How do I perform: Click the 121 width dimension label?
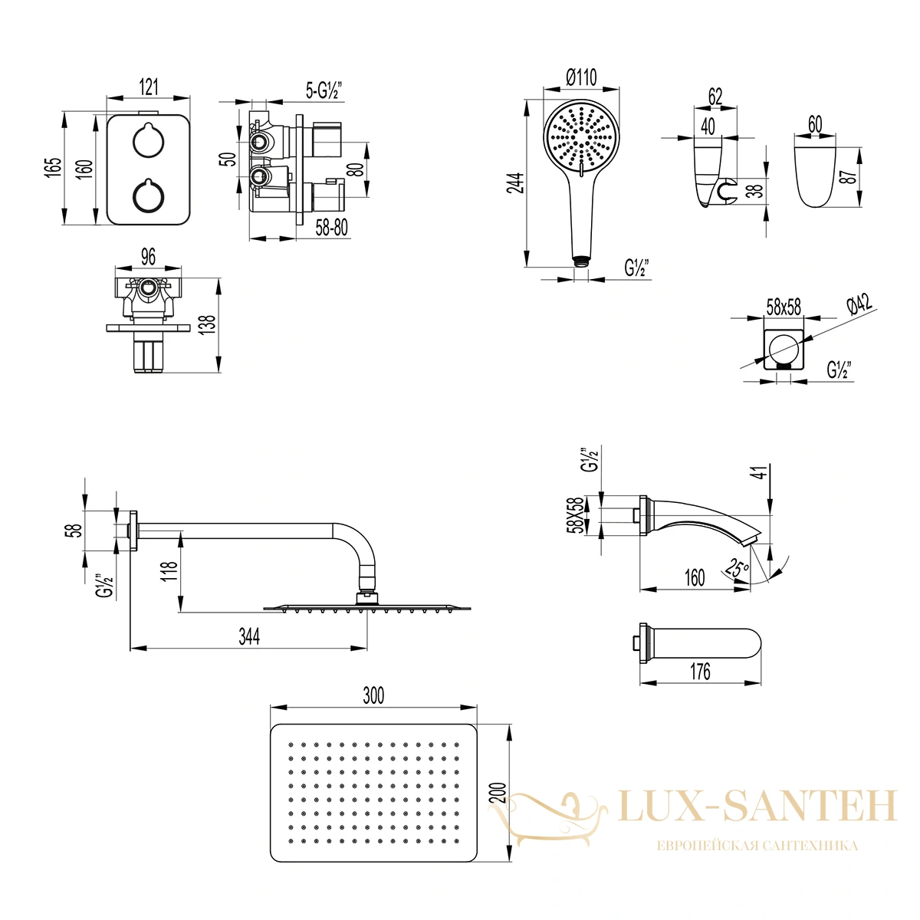click(x=149, y=87)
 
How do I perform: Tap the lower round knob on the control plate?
click(x=148, y=195)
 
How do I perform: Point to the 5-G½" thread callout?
click(x=324, y=89)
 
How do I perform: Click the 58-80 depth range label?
click(x=331, y=228)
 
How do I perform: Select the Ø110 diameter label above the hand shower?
click(x=581, y=77)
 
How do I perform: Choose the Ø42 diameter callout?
click(x=860, y=304)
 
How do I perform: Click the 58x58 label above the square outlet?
click(x=784, y=307)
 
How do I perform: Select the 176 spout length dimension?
click(x=701, y=672)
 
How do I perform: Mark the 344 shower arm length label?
click(x=249, y=636)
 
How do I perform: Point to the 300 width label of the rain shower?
click(x=373, y=695)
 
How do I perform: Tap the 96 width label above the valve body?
click(x=148, y=257)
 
